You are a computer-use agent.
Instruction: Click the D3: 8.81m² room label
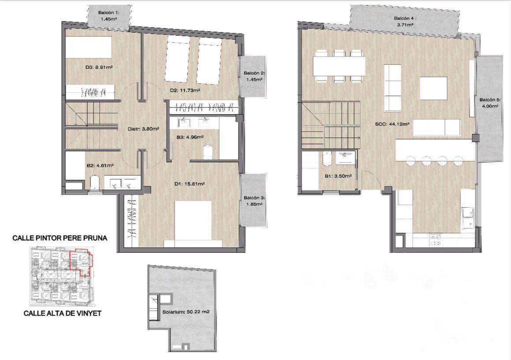(99, 67)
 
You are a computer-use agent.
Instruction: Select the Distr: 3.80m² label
(143, 129)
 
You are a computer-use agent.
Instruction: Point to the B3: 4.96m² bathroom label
(190, 138)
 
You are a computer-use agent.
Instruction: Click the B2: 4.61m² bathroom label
(100, 165)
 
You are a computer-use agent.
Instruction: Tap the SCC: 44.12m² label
(392, 124)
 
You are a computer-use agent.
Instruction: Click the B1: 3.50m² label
(338, 176)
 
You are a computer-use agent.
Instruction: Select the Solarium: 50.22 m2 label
(186, 312)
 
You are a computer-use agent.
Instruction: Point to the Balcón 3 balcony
(254, 201)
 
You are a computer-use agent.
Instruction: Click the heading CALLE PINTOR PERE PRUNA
(60, 238)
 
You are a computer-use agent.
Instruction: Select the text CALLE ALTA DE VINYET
(63, 313)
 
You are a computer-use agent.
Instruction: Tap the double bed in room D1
(193, 224)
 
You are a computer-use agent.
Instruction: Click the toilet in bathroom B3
(207, 152)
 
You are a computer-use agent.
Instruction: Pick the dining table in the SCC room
(339, 66)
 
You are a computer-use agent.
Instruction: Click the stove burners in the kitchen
(436, 240)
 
